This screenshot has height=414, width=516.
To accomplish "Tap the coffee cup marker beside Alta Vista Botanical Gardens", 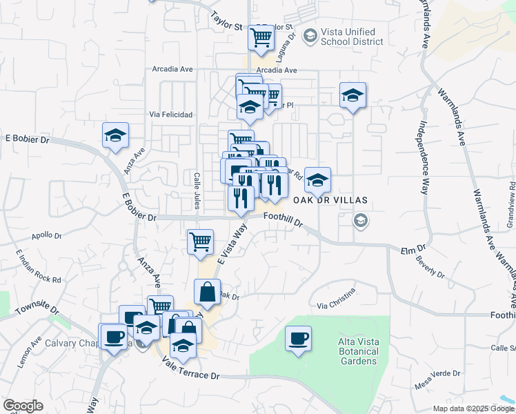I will [298, 339].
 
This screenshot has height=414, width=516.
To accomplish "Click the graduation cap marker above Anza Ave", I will [115, 135].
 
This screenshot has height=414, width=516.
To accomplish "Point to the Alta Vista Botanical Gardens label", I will [357, 351].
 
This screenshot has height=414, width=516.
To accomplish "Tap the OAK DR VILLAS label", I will [329, 200].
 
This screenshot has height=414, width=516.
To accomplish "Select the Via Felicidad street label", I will [171, 115].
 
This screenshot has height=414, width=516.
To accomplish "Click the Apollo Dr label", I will [46, 235].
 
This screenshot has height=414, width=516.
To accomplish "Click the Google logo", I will [23, 406].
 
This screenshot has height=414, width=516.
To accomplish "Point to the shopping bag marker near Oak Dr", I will [207, 292].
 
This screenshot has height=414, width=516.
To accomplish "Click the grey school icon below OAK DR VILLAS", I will [359, 221].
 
